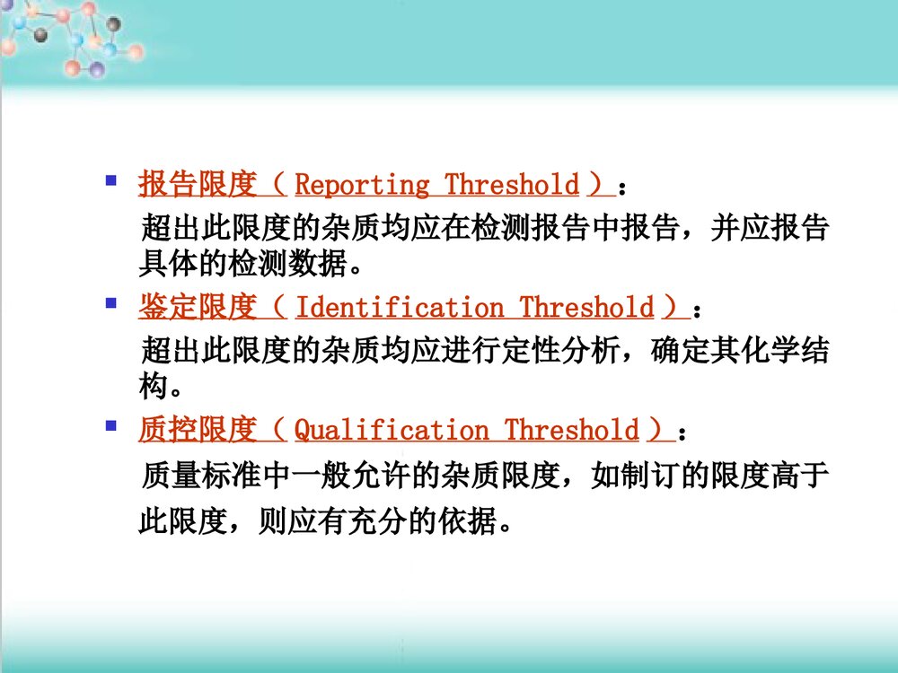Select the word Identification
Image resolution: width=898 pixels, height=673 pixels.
tap(399, 308)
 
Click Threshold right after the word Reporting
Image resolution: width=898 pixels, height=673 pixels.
tap(512, 185)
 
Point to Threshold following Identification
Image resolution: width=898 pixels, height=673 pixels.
tap(585, 308)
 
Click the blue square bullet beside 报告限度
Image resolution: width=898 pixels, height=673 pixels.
tap(111, 180)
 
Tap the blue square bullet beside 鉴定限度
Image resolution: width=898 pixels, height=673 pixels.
tap(111, 303)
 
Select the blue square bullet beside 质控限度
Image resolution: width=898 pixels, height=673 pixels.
tap(111, 426)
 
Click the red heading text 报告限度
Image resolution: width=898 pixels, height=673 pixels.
tap(198, 185)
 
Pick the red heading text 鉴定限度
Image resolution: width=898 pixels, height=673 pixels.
tap(198, 308)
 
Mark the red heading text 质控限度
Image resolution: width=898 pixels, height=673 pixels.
tap(198, 431)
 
